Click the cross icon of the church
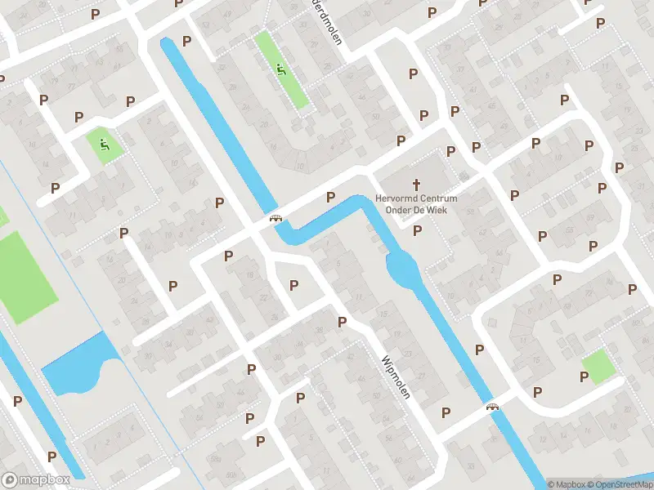[417, 185]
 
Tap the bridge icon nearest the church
[276, 219]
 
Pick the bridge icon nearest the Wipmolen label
[493, 407]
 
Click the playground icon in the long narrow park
[282, 69]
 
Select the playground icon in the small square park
[105, 146]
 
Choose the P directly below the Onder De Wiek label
[418, 231]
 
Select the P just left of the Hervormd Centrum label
[331, 197]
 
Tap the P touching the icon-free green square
[584, 376]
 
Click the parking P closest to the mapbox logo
[52, 457]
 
